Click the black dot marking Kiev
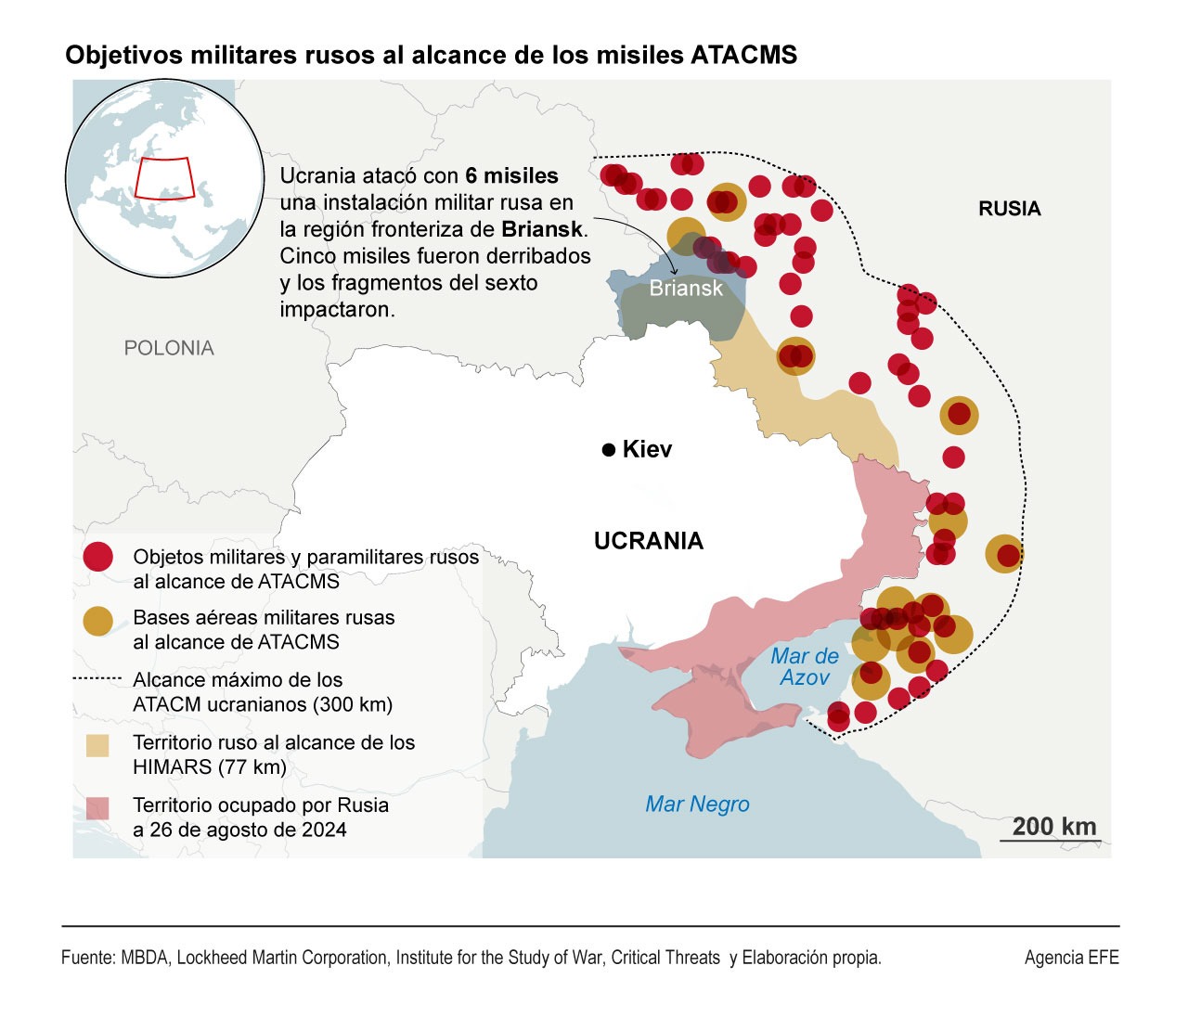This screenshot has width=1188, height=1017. [x=609, y=450]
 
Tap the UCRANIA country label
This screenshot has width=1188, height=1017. [x=648, y=541]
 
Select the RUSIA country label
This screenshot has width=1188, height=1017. [x=1009, y=209]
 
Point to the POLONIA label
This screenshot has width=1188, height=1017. [x=169, y=348]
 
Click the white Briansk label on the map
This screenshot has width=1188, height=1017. [x=685, y=289]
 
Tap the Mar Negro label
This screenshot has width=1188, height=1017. [x=697, y=805]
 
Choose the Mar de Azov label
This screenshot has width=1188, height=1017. [x=804, y=667]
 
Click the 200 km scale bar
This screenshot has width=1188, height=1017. [x=1050, y=841]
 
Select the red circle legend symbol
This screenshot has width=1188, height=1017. [x=97, y=557]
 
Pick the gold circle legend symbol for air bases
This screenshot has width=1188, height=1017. [x=97, y=621]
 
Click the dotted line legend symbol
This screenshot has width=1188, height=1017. [x=97, y=679]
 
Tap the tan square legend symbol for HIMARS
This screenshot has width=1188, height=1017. [x=97, y=745]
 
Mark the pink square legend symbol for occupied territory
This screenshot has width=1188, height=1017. [x=97, y=808]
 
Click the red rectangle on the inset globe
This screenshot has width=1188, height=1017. [x=164, y=178]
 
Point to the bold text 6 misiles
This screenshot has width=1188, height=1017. [x=511, y=176]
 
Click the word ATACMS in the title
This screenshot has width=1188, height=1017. [x=743, y=56]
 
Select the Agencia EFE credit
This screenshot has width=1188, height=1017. [x=1071, y=958]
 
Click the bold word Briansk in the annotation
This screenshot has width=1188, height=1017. [x=542, y=229]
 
